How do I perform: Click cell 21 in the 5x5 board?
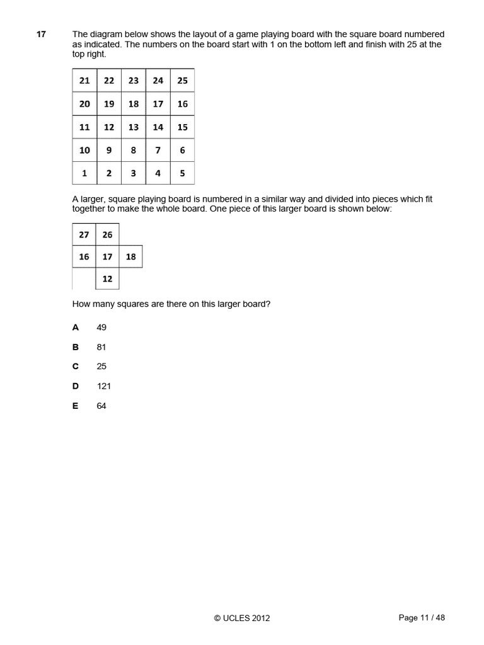point(84,81)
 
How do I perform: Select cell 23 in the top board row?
point(134,81)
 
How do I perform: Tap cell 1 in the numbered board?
point(84,173)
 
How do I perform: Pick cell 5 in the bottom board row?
point(182,173)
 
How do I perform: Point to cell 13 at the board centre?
point(134,127)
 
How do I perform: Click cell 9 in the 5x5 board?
point(109,150)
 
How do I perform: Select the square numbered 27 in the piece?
point(84,234)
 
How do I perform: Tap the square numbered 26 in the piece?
point(107,234)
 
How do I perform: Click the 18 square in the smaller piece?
point(130,257)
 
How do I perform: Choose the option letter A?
point(76,328)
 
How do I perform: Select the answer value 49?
point(101,328)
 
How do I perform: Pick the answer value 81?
point(101,347)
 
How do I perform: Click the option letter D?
point(76,386)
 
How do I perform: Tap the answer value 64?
point(101,406)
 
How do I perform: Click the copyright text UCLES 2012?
point(242,619)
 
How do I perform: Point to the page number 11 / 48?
point(422,618)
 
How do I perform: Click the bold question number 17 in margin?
point(41,34)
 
